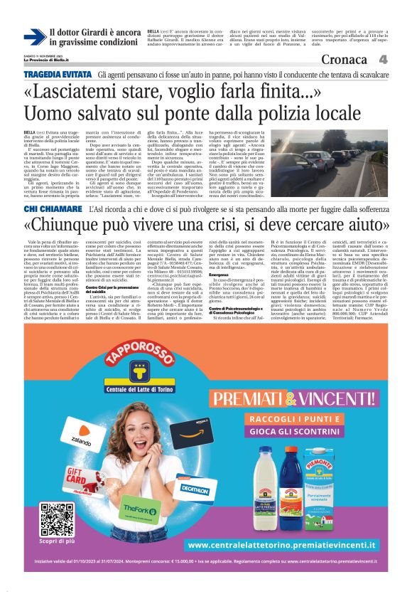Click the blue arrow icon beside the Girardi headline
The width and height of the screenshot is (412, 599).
(x=34, y=37)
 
